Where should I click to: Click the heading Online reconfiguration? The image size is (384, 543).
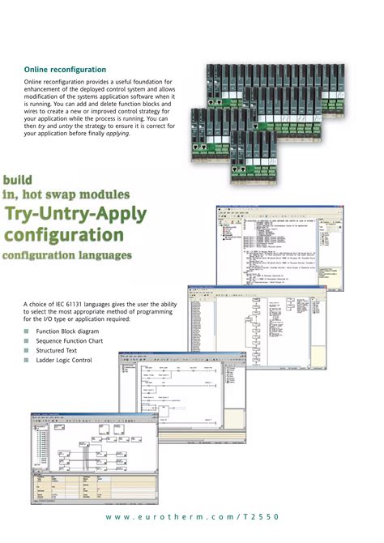[65, 70]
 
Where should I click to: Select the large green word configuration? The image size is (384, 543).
[65, 236]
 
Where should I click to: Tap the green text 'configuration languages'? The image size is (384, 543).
[67, 256]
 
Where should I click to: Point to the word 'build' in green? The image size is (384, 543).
[23, 179]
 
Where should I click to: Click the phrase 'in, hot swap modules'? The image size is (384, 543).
[66, 195]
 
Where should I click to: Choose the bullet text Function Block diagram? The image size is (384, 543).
[67, 332]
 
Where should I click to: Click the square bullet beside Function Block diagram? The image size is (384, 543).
[26, 332]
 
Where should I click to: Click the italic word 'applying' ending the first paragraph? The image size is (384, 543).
[122, 134]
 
